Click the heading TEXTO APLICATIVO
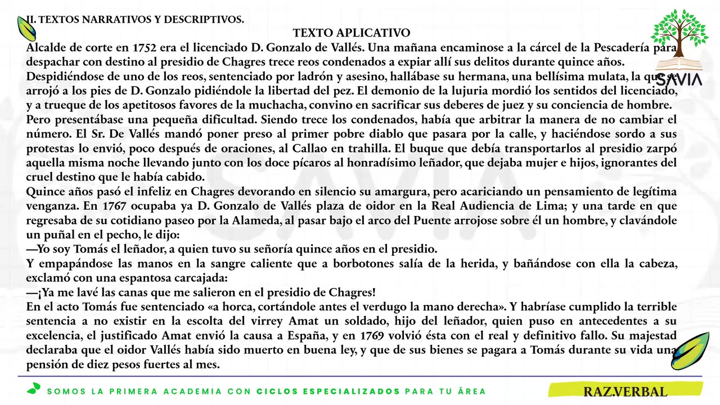pos(352,33)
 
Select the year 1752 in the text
pos(145,47)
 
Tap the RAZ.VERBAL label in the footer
pos(624,391)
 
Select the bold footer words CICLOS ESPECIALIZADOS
pos(328,391)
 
